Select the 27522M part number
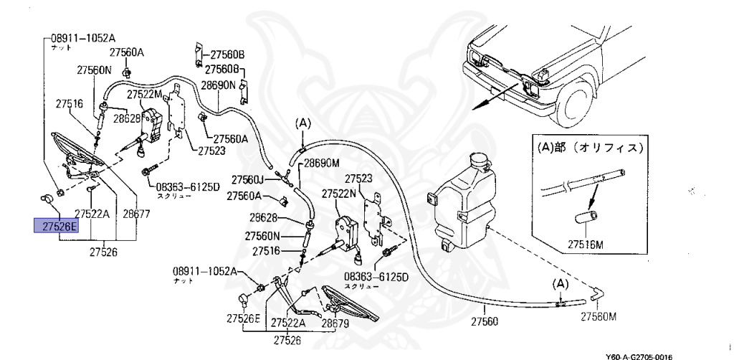click(146, 94)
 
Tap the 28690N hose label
click(218, 85)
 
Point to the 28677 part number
click(136, 214)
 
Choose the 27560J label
click(248, 179)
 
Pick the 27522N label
click(340, 194)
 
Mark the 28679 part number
click(337, 324)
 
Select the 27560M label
click(599, 316)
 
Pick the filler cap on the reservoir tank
click(476, 159)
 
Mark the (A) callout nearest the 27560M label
click(560, 284)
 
